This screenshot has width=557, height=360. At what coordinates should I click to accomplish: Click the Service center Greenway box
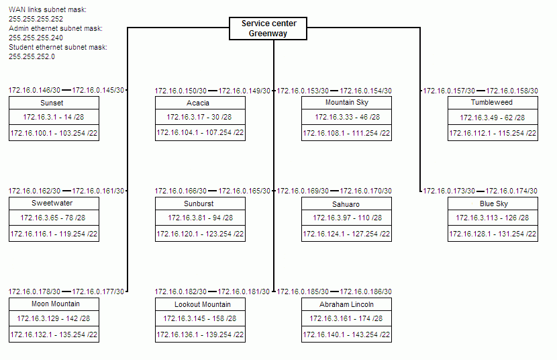[268, 28]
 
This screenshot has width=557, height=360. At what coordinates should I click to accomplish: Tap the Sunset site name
[52, 103]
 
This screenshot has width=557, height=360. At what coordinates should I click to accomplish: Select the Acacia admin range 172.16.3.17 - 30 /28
[199, 117]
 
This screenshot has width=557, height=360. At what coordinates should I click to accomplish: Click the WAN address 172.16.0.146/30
[34, 90]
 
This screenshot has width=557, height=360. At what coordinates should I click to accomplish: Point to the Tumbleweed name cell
[493, 103]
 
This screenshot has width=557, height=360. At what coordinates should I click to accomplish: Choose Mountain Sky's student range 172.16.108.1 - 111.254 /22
[346, 133]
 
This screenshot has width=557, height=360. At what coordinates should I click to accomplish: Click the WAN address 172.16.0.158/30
[512, 91]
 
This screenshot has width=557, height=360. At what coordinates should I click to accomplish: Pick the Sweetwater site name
[52, 204]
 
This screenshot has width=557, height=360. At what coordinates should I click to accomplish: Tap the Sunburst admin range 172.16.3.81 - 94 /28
[201, 218]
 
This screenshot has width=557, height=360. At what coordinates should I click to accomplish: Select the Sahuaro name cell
[346, 204]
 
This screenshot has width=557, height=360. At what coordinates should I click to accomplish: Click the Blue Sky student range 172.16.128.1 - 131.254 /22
[493, 234]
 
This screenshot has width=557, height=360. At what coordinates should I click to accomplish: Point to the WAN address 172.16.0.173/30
[449, 191]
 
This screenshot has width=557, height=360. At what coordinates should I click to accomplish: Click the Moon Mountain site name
[56, 304]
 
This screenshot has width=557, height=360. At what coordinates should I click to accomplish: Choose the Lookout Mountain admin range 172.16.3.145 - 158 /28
[199, 318]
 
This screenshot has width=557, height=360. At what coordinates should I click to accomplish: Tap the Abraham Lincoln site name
[346, 304]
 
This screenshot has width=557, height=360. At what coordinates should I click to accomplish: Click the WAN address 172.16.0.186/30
[366, 291]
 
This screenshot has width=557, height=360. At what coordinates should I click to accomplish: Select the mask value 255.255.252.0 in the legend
[32, 56]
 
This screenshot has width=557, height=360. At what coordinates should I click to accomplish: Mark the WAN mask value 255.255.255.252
[36, 19]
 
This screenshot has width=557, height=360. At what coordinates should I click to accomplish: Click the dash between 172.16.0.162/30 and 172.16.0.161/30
[66, 191]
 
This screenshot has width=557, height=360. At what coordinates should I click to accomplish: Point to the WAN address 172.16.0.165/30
[244, 191]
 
